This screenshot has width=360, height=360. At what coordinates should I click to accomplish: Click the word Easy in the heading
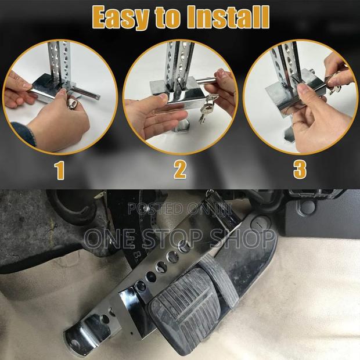click(123, 17)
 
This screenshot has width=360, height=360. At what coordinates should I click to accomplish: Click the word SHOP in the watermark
click(247, 237)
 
